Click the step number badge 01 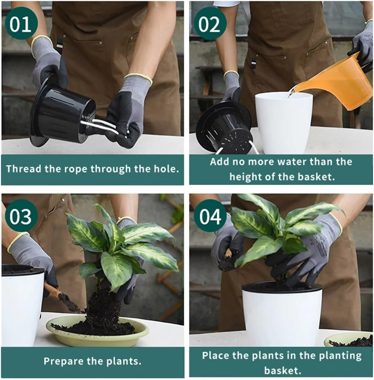[x=20, y=24]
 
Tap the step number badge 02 [x=210, y=24]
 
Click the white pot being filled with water [x=283, y=124]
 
